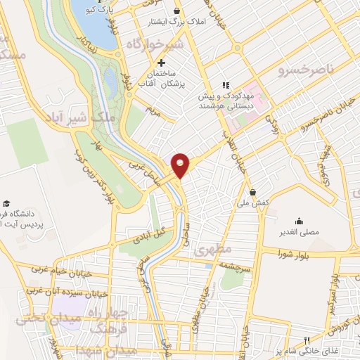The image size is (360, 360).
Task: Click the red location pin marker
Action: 181,165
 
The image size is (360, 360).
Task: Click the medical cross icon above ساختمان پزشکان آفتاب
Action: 162,63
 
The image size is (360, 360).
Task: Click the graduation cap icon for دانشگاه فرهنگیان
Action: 6,203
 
